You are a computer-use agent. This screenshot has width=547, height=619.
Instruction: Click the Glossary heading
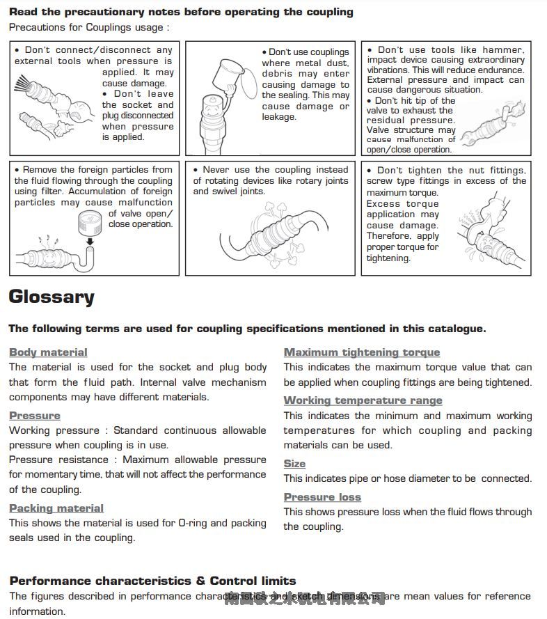click(x=51, y=297)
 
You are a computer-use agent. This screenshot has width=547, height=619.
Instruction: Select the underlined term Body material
click(x=48, y=352)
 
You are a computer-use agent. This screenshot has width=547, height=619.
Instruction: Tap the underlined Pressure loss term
click(x=322, y=497)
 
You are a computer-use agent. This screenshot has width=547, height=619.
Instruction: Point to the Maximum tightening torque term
click(x=362, y=352)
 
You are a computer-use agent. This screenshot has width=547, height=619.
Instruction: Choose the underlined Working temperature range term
click(x=363, y=400)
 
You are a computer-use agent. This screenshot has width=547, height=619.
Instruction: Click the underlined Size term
click(x=294, y=464)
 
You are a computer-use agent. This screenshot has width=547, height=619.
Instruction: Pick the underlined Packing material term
click(x=56, y=508)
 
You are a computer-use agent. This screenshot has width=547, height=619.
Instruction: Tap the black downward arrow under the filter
click(x=90, y=242)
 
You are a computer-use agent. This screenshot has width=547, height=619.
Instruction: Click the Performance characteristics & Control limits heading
click(x=152, y=581)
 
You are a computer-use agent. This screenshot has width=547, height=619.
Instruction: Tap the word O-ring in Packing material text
click(x=192, y=523)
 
